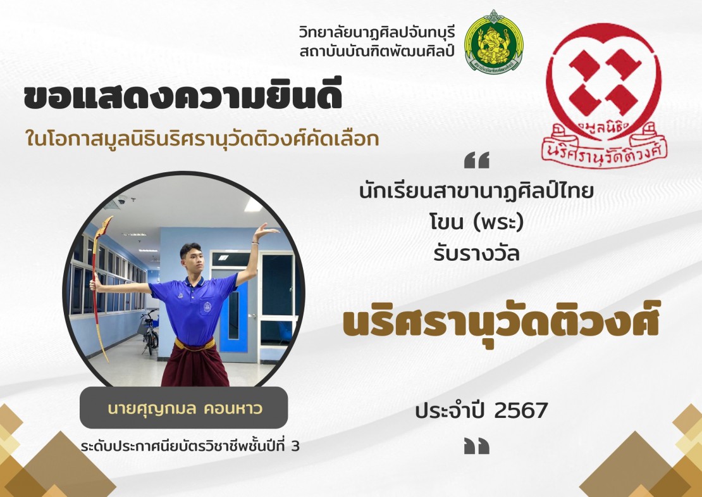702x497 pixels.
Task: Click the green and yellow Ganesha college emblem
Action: click(493, 42)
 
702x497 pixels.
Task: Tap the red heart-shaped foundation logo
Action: click(604, 95)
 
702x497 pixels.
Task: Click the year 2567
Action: click(522, 410)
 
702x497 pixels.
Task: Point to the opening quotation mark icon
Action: click(477, 160)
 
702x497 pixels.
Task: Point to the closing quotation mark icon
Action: click(477, 446)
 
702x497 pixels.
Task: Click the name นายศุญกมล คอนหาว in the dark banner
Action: click(185, 409)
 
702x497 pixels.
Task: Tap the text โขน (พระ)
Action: click(476, 222)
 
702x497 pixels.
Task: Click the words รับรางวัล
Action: click(476, 253)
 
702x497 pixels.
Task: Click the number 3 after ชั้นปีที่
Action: click(295, 446)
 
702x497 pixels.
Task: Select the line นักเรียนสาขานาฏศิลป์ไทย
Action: click(476, 191)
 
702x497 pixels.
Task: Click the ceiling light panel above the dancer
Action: click(254, 205)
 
